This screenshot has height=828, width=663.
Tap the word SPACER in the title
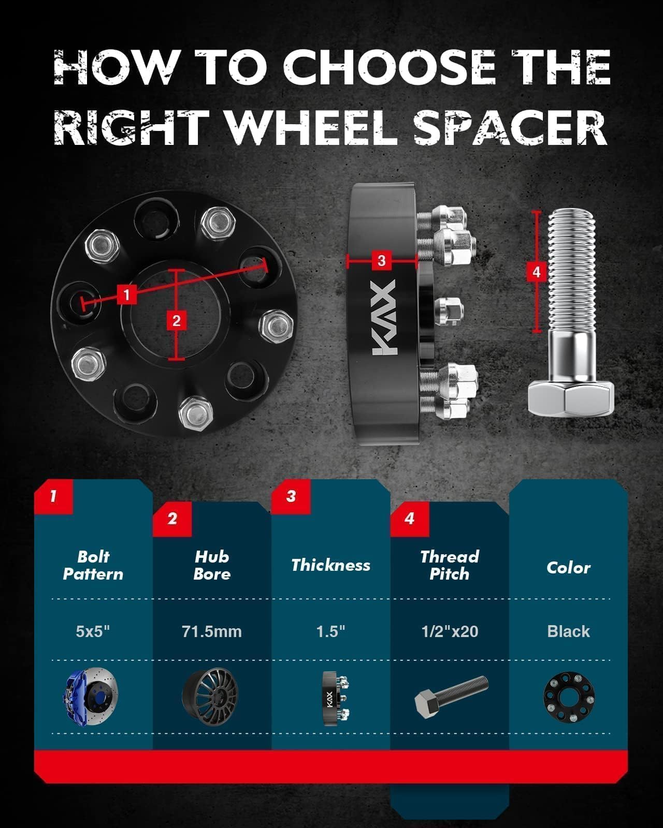click(510, 127)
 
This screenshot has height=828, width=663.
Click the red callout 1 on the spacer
click(126, 295)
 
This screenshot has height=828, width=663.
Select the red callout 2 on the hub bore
click(177, 320)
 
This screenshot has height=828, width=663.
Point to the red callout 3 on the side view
click(381, 260)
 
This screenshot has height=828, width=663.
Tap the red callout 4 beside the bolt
click(537, 272)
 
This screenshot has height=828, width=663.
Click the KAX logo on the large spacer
click(384, 317)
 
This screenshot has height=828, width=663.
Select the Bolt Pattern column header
click(93, 565)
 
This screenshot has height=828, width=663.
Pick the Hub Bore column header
click(212, 565)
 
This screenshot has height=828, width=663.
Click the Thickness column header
click(330, 565)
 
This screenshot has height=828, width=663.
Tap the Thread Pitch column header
click(450, 565)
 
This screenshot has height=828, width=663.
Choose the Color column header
click(568, 568)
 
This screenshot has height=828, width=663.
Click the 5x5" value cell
click(93, 631)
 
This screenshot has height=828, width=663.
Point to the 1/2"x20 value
click(450, 631)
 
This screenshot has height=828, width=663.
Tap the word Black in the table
click(568, 631)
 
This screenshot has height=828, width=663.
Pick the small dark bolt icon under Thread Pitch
click(451, 697)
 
